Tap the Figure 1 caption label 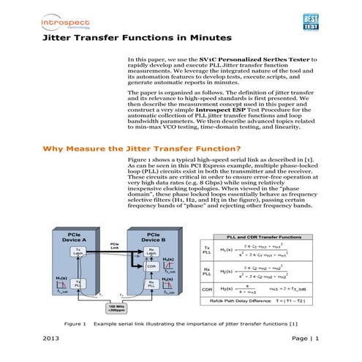tap(76, 323)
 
